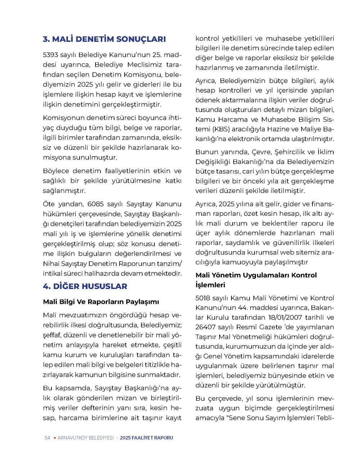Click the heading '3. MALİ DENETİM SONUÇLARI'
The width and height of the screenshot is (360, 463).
pos(104,39)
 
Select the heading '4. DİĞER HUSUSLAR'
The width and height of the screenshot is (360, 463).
pos(85,286)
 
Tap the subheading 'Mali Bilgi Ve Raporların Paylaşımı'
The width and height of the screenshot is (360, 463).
pos(101,302)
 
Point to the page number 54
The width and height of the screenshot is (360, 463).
pos(47,438)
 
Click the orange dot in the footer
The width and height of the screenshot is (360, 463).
pos(54,438)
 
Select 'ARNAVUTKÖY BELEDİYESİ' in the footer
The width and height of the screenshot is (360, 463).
pos(85,438)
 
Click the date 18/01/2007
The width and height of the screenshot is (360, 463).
pos(284,317)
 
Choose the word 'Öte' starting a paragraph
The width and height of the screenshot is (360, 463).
pos(49,204)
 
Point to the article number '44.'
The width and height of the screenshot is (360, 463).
pos(242,308)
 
